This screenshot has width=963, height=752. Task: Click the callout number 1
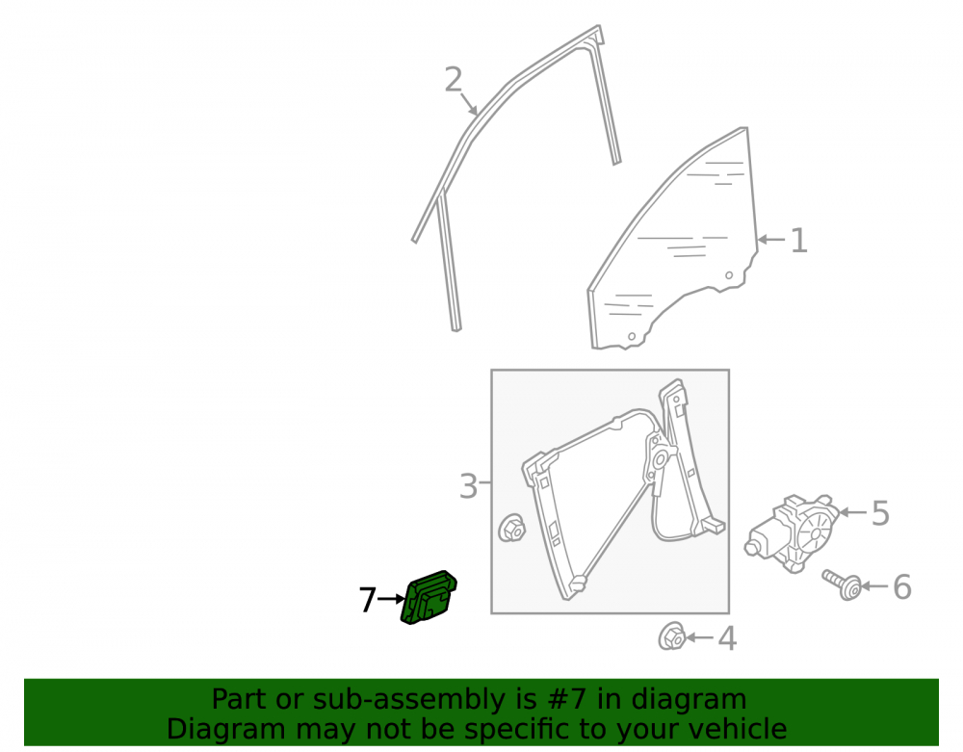(x=798, y=240)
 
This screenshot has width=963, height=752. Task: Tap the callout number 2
(x=454, y=80)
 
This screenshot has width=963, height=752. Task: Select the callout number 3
(x=468, y=486)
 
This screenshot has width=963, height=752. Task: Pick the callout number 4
(x=727, y=638)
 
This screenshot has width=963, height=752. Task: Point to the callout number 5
(x=880, y=512)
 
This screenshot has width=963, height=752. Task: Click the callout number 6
(x=901, y=586)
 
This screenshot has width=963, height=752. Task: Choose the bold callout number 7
(x=367, y=599)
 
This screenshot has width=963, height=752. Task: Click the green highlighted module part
(x=429, y=597)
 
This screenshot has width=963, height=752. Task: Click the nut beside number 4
(x=672, y=636)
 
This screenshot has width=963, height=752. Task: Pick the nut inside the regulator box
(x=511, y=529)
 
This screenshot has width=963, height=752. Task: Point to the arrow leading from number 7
(x=392, y=599)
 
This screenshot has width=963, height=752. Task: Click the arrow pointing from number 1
(x=771, y=240)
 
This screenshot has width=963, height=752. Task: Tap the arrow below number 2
(x=469, y=104)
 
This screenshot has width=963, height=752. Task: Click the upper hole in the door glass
(x=729, y=275)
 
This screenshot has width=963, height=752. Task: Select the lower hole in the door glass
(x=632, y=336)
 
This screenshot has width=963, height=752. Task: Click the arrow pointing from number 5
(x=853, y=512)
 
